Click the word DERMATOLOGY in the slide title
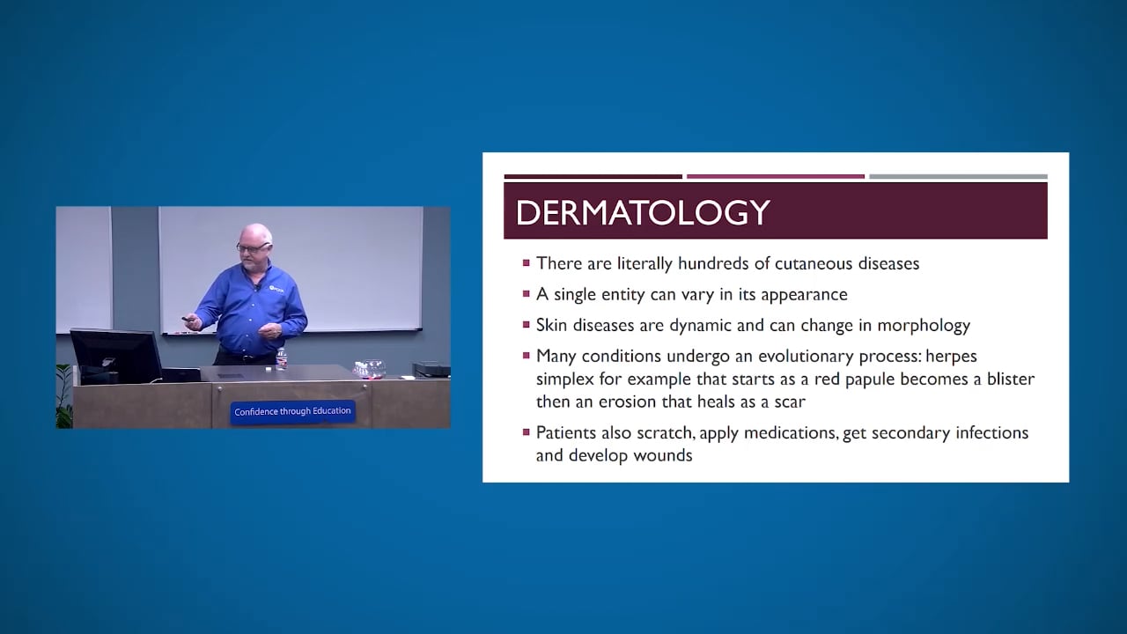pos(643,212)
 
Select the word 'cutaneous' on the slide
pos(781,263)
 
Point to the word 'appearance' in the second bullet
pos(805,294)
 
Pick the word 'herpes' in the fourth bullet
pos(951,356)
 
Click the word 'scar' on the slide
pos(790,402)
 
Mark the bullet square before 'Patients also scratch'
pos(527,431)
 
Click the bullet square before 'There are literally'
pos(527,262)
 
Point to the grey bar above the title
pos(958,176)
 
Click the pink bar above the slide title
pos(775,176)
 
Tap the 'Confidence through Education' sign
pos(292,411)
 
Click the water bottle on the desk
pos(282,358)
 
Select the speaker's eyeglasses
pos(251,247)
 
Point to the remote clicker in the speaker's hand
pos(187,319)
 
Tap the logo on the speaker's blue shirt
pos(276,288)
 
